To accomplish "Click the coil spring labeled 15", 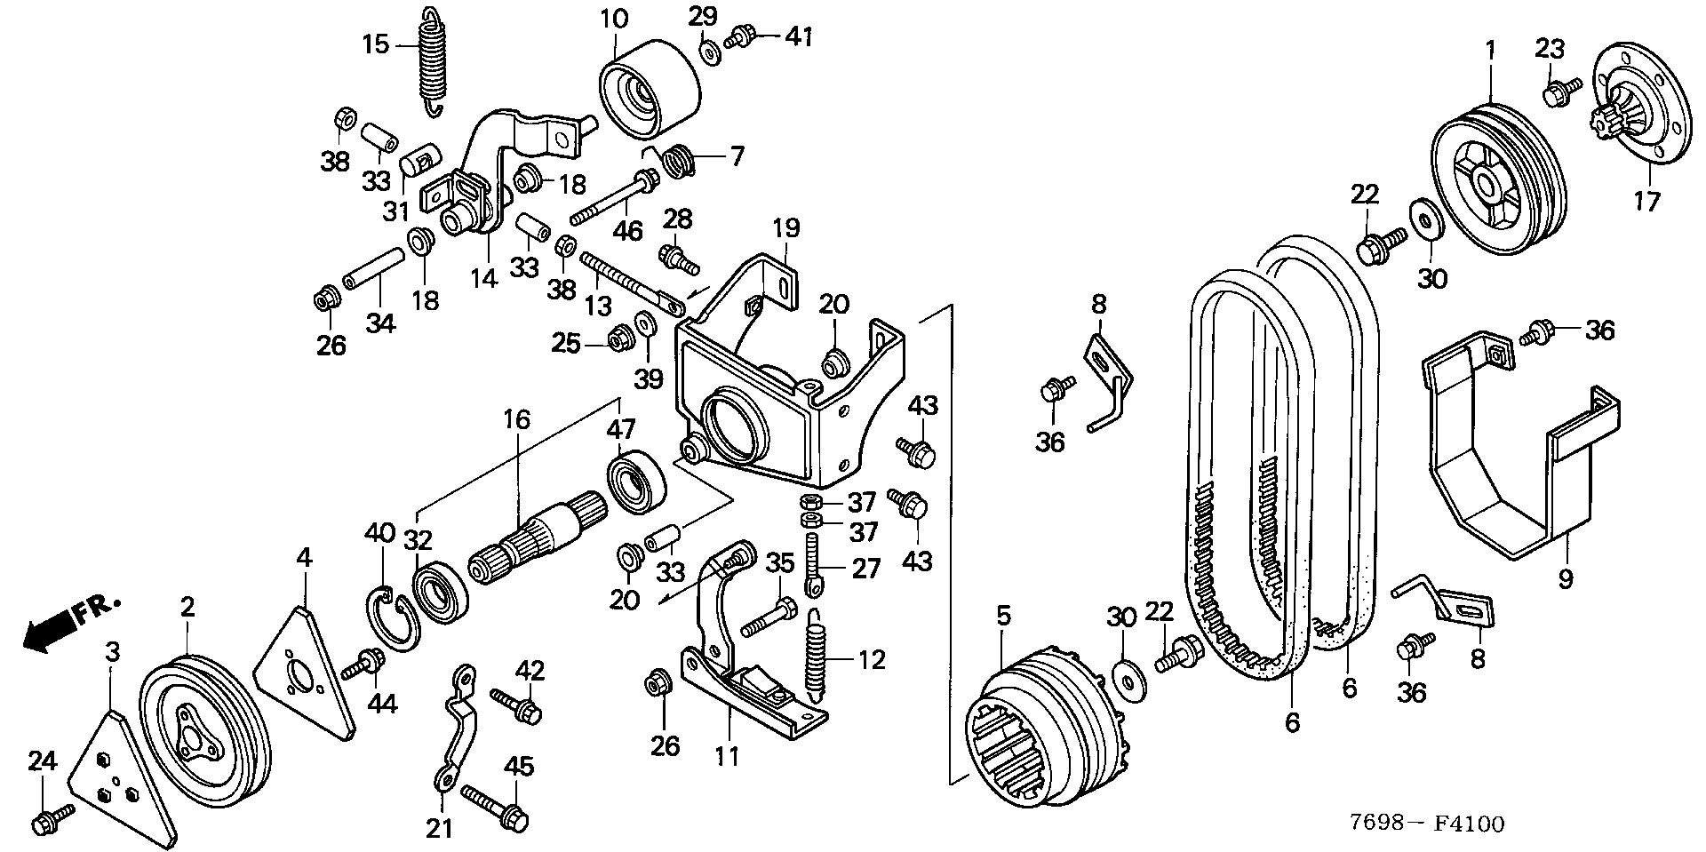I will (x=431, y=60).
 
